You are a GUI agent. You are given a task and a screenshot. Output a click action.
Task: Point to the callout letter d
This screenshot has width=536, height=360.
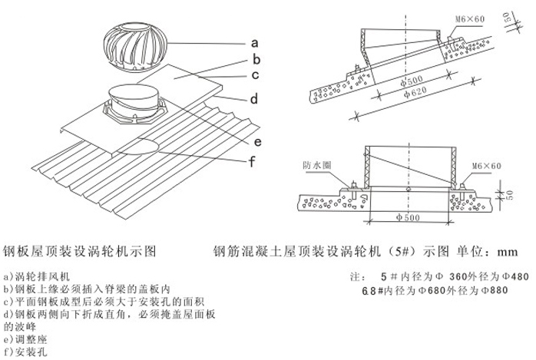click(254, 101)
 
